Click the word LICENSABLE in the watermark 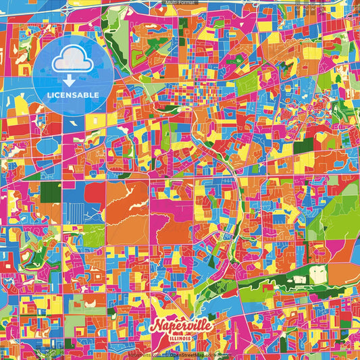point(73,95)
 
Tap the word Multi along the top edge point(172,3)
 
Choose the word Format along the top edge point(188,3)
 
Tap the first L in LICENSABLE point(49,95)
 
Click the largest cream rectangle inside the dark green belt point(318,274)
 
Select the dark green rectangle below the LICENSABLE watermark point(50,192)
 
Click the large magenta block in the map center point(172,203)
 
